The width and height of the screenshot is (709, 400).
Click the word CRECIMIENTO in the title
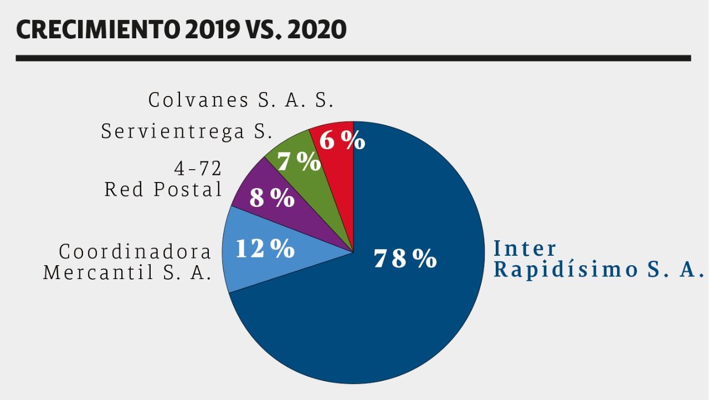97,29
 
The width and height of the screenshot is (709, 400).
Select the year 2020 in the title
317,29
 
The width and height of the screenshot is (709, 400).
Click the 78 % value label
405,259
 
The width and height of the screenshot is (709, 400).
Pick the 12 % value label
265,249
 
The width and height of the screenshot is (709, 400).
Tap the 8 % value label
271,198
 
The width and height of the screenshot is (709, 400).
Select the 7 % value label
299,161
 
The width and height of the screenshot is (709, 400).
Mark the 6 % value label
342,140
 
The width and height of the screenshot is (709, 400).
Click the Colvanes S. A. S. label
241,100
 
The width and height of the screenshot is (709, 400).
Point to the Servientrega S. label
187,131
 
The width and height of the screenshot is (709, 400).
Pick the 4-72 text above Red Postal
198,169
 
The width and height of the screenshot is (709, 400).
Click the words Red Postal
163,190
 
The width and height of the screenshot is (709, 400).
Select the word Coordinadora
135,252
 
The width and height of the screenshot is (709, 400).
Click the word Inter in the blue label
525,248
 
